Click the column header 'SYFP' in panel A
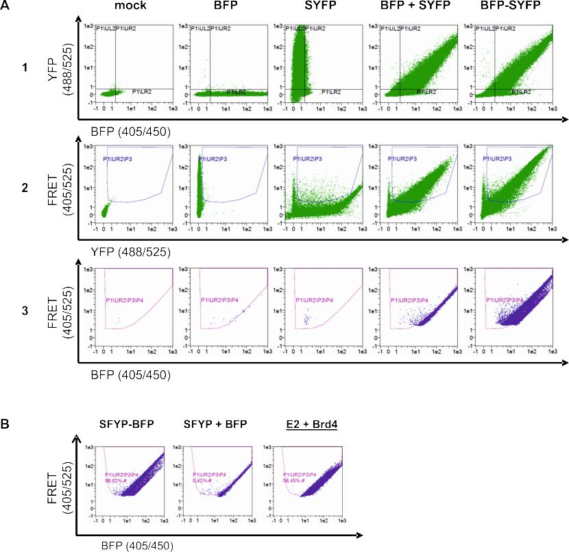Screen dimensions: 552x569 (x=303, y=7)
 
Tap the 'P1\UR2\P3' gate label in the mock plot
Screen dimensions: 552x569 (x=117, y=160)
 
